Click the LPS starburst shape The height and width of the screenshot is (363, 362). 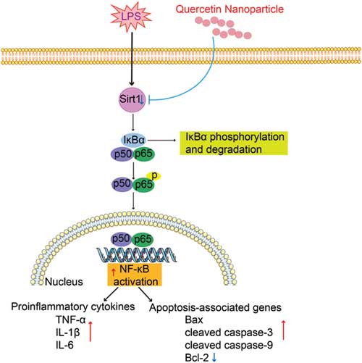tap(131, 16)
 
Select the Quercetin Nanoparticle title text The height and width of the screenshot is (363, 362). tap(230, 9)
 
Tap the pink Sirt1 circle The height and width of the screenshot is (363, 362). tap(132, 99)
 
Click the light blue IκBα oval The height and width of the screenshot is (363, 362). tap(134, 140)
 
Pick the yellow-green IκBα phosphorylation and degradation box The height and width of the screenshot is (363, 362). tap(234, 143)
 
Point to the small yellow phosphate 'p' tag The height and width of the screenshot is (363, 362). tap(154, 176)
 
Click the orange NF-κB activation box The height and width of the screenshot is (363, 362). tap(135, 275)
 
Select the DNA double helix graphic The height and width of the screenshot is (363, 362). tap(137, 255)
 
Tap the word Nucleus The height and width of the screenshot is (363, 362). tap(64, 282)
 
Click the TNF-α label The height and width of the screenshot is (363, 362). tap(71, 320)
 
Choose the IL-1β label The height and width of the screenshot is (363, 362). tap(68, 333)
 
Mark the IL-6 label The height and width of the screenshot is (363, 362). tap(64, 345)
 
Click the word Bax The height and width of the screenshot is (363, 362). tap(194, 320)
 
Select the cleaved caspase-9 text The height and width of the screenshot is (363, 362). tap(229, 345)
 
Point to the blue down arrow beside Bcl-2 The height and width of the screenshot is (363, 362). tap(214, 358)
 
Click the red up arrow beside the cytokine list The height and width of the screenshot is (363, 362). tap(90, 331)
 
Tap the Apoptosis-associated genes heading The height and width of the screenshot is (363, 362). tap(215, 307)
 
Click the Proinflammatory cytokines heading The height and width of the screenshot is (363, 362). tap(73, 306)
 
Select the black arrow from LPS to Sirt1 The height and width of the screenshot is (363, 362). tap(132, 59)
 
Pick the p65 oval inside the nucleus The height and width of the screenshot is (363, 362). tap(143, 240)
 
